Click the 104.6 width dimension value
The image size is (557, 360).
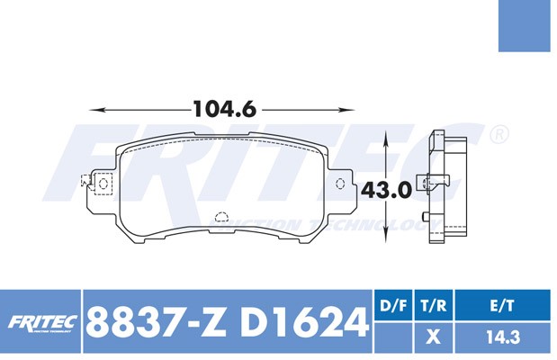pos(224,109)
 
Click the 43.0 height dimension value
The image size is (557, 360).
pos(386,191)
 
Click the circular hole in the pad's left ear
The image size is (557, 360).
pos(103,184)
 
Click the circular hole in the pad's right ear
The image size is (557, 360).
pos(340,184)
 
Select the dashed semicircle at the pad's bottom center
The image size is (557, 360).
pos(222,217)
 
